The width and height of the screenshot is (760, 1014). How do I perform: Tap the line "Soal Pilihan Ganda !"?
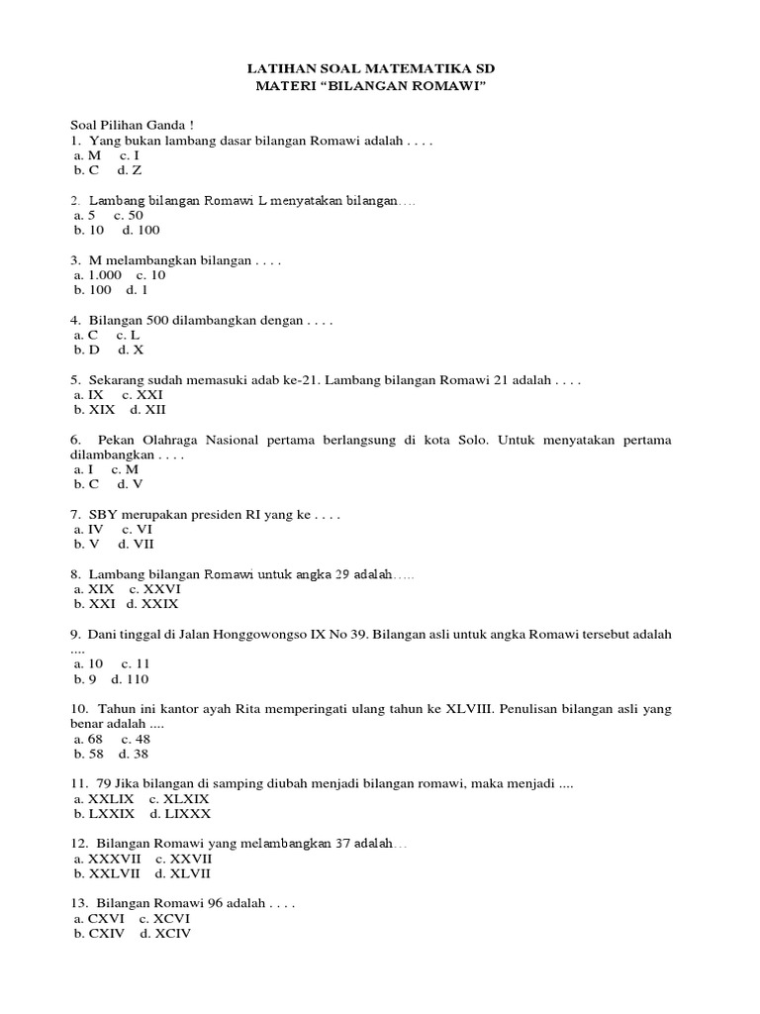(132, 126)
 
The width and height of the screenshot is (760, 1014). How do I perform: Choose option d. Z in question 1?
(129, 170)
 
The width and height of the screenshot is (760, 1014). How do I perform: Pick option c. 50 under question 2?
(129, 215)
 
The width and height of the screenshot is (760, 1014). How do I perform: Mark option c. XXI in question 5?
(142, 394)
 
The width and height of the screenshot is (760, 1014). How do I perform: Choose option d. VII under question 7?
(136, 544)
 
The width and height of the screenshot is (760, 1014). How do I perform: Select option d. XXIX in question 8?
(152, 603)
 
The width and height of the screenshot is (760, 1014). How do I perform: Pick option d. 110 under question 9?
(130, 679)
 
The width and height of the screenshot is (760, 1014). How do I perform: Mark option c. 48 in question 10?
(136, 739)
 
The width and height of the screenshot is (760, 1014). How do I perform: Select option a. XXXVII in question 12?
(108, 859)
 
